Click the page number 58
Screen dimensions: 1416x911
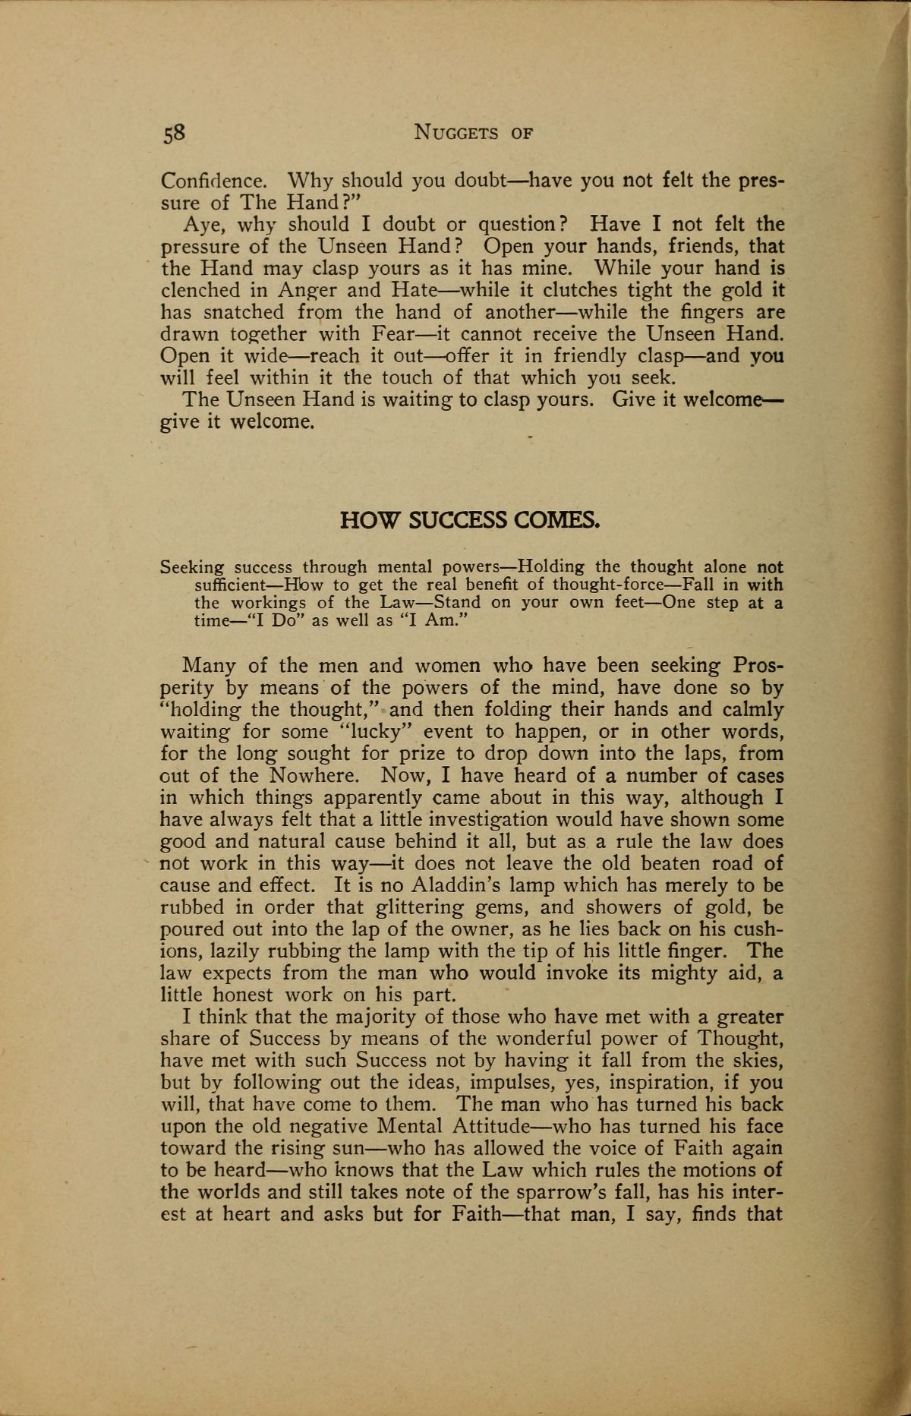(173, 133)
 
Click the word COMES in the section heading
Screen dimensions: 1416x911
(557, 520)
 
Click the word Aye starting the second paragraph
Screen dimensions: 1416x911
(200, 225)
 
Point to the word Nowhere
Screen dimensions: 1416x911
(319, 776)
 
